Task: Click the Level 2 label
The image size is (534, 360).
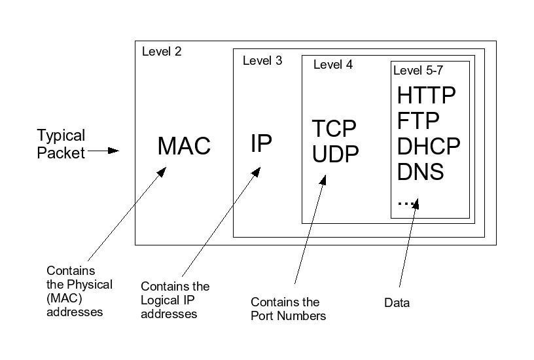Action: [162, 52]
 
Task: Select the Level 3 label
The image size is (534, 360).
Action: [262, 61]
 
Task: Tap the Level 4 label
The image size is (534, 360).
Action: [333, 65]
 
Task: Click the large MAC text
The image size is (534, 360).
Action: [184, 146]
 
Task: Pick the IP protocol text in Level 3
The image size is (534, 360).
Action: [261, 143]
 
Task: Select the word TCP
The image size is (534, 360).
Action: [334, 128]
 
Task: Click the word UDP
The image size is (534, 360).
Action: [336, 154]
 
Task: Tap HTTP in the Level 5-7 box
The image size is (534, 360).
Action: [426, 96]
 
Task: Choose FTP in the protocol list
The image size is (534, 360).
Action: [418, 121]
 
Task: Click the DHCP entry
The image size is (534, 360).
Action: [429, 146]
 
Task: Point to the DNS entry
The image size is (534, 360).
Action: [421, 171]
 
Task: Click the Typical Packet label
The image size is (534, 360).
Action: [61, 144]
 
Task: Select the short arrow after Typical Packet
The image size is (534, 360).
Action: [103, 151]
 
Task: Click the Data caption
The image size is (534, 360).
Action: [397, 302]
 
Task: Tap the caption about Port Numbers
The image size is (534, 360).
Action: [289, 309]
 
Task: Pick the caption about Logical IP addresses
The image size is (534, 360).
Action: [175, 300]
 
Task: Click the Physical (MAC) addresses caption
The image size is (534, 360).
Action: [79, 291]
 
